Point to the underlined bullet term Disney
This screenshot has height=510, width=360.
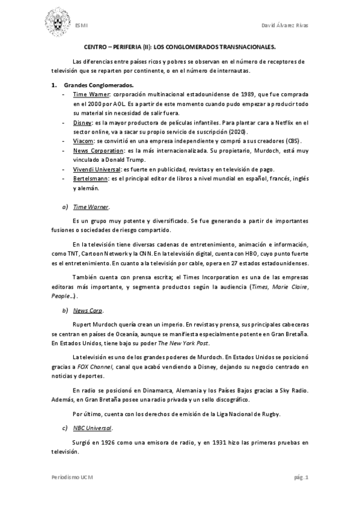[82, 122]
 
